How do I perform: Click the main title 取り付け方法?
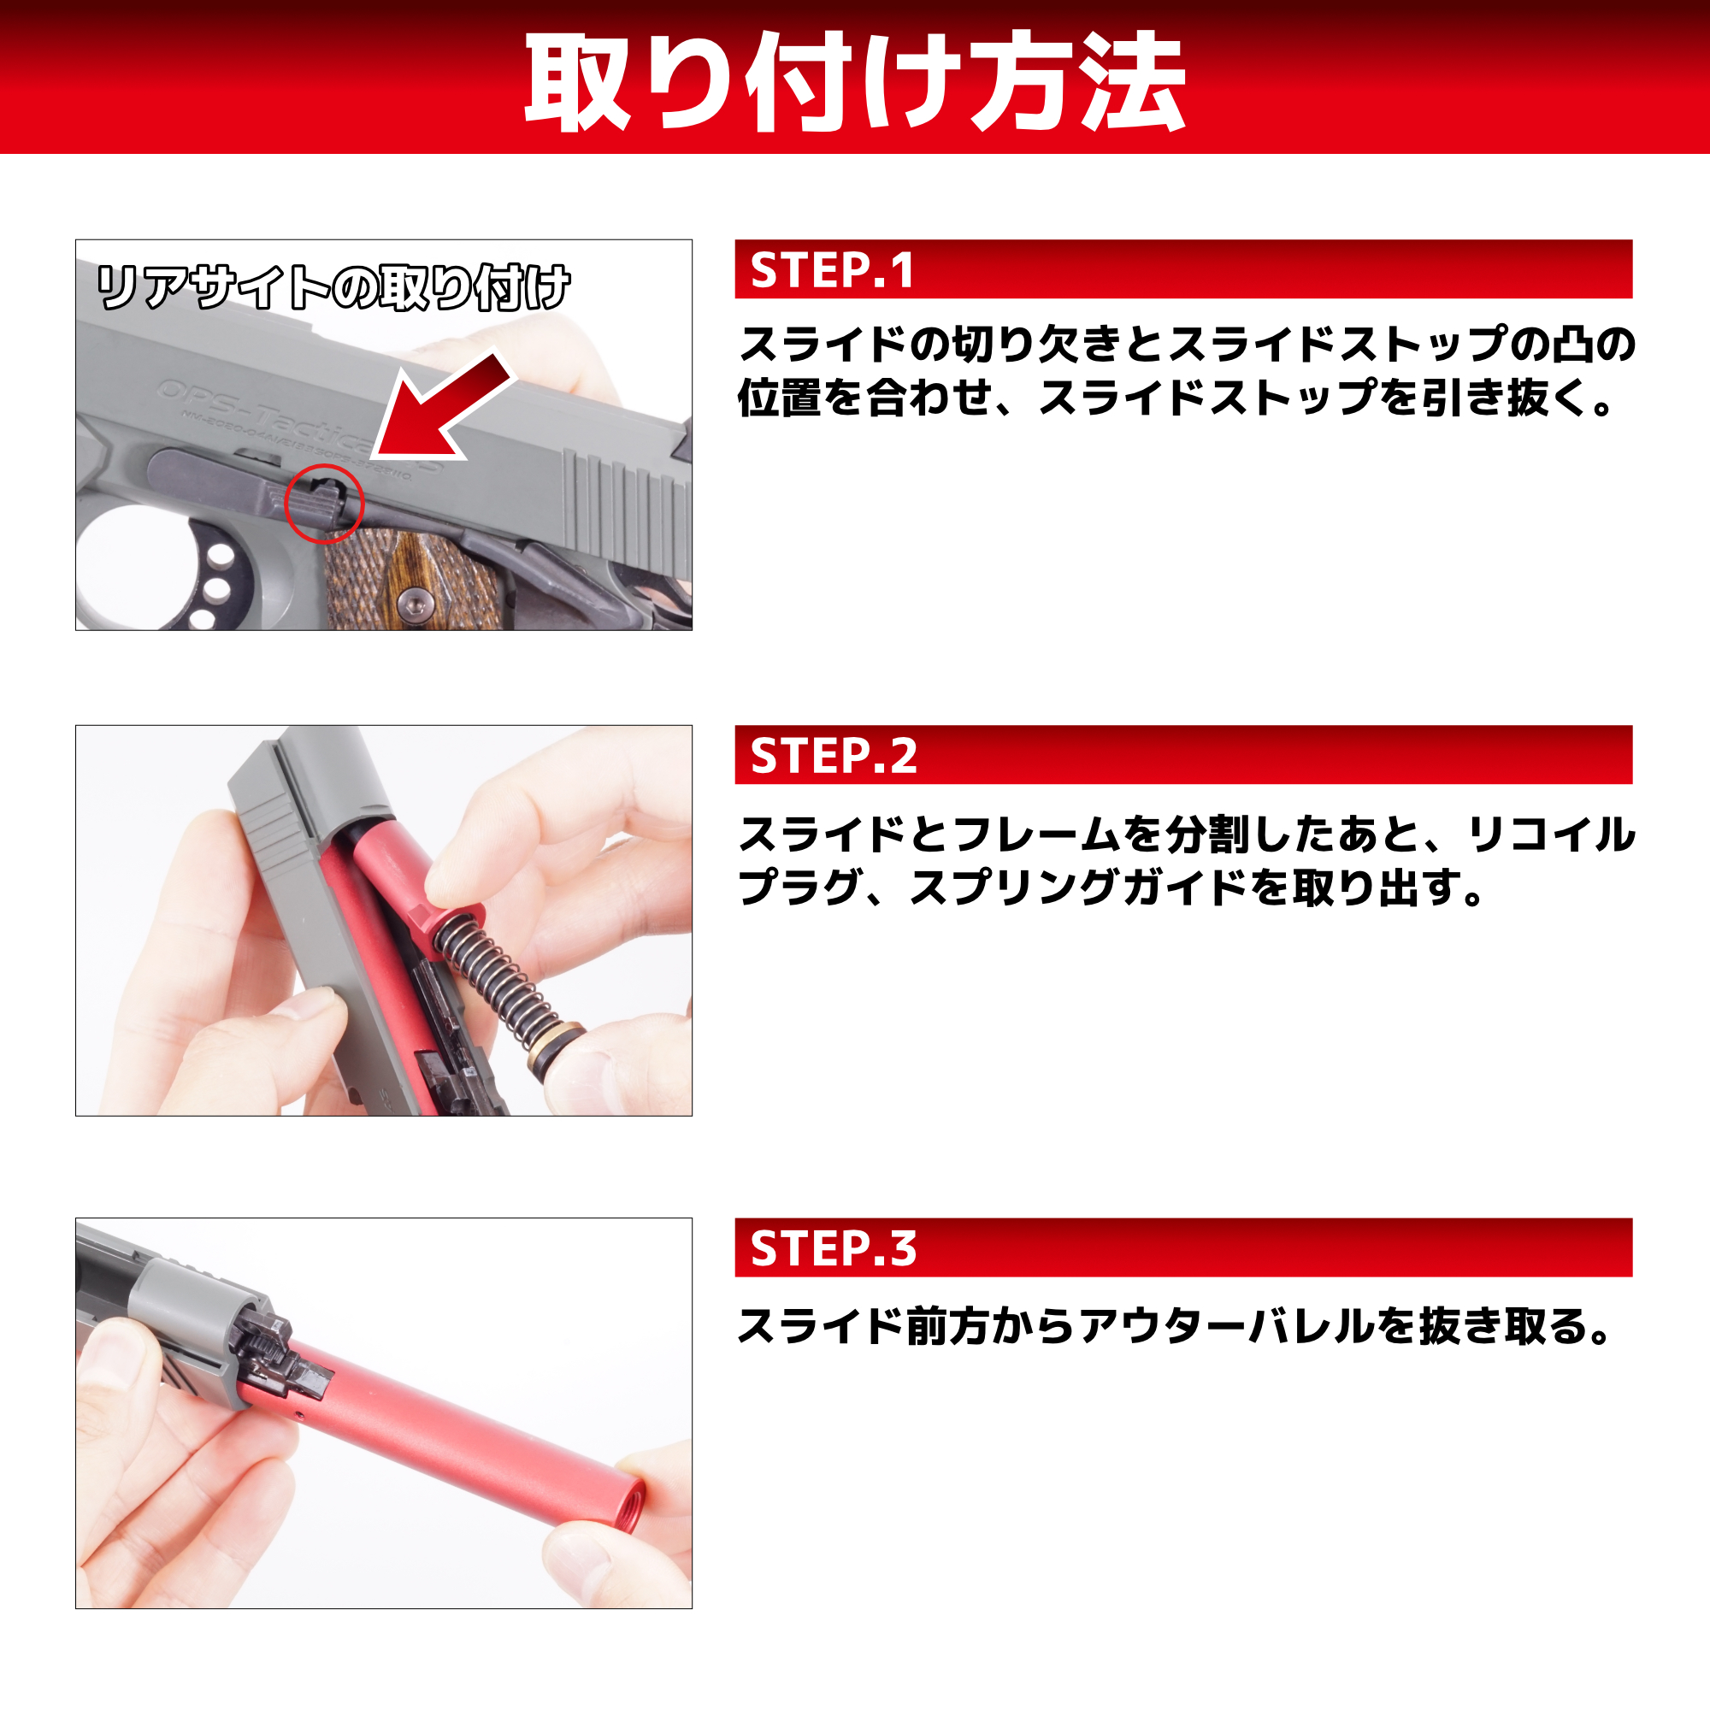click(855, 81)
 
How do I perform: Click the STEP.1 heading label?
click(832, 270)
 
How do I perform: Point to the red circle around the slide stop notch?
click(324, 503)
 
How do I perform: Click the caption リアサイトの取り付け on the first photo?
click(333, 287)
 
